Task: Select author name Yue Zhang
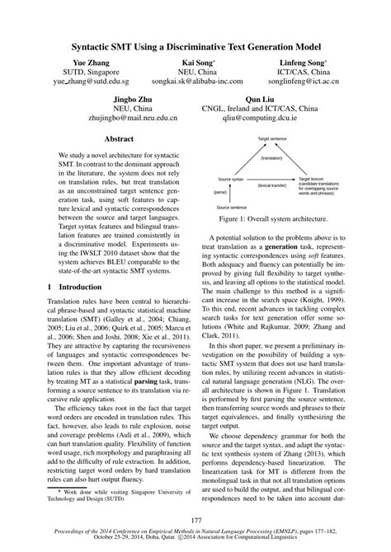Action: click(79, 63)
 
